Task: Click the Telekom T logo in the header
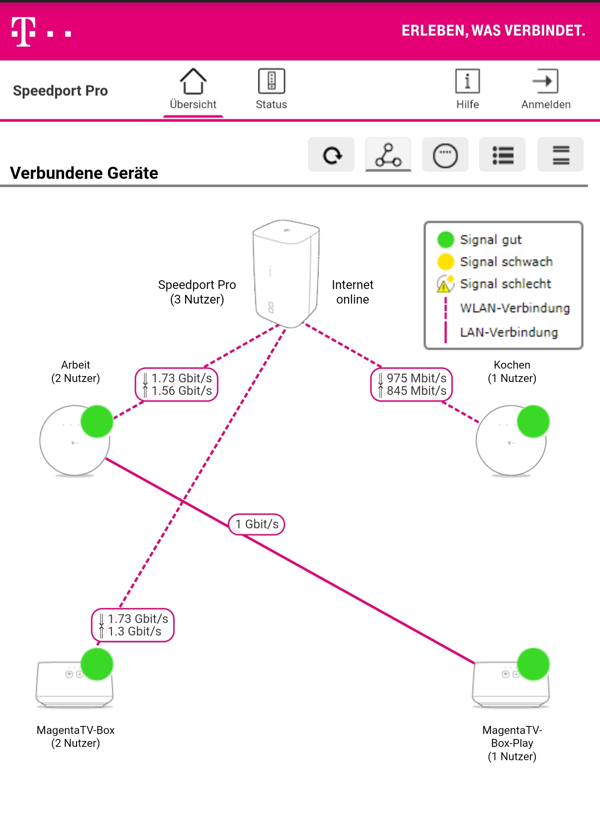[x=23, y=32]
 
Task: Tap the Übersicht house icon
[x=193, y=81]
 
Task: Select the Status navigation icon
[x=271, y=81]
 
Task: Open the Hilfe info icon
[x=467, y=81]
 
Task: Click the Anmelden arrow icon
[x=545, y=81]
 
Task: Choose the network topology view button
[x=388, y=155]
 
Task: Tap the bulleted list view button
[x=502, y=155]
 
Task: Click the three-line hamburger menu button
[x=560, y=155]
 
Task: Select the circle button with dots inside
[x=445, y=155]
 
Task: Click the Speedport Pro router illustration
[x=286, y=273]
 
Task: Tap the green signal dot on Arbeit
[x=97, y=422]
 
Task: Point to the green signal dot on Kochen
[x=533, y=422]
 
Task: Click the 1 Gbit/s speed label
[x=257, y=524]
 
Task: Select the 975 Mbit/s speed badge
[x=412, y=384]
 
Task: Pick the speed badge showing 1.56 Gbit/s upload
[x=177, y=384]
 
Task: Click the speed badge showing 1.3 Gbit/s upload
[x=133, y=625]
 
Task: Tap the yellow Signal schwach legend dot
[x=445, y=262]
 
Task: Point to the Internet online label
[x=352, y=292]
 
